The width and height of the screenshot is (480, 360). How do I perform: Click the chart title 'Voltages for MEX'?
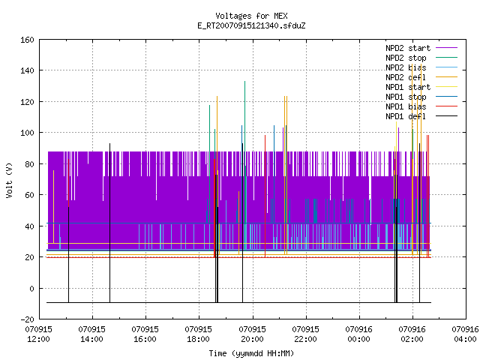point(251,16)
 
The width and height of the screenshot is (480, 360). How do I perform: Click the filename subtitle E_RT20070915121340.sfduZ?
point(251,25)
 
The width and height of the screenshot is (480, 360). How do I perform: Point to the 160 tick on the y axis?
point(27,40)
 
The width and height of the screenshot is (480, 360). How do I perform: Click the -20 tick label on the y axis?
point(27,319)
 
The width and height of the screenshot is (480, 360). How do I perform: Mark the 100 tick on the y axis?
point(27,133)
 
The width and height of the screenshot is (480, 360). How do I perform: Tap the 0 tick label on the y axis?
point(31,288)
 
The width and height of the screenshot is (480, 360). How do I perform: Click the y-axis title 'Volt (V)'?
point(9,180)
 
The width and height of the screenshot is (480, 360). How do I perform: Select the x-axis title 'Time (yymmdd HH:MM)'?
point(251,353)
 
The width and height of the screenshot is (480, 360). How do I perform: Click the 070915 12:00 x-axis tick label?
point(38,334)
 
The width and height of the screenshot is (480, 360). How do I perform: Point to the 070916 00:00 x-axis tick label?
point(358,334)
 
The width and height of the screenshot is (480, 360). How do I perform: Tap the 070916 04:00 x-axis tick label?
point(465,334)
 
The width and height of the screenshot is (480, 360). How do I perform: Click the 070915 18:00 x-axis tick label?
point(198,334)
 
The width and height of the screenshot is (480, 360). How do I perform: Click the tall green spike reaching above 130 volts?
point(245,165)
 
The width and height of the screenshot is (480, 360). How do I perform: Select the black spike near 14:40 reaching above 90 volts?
point(110,223)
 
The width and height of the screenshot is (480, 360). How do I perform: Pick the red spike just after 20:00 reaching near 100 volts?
point(265,196)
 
